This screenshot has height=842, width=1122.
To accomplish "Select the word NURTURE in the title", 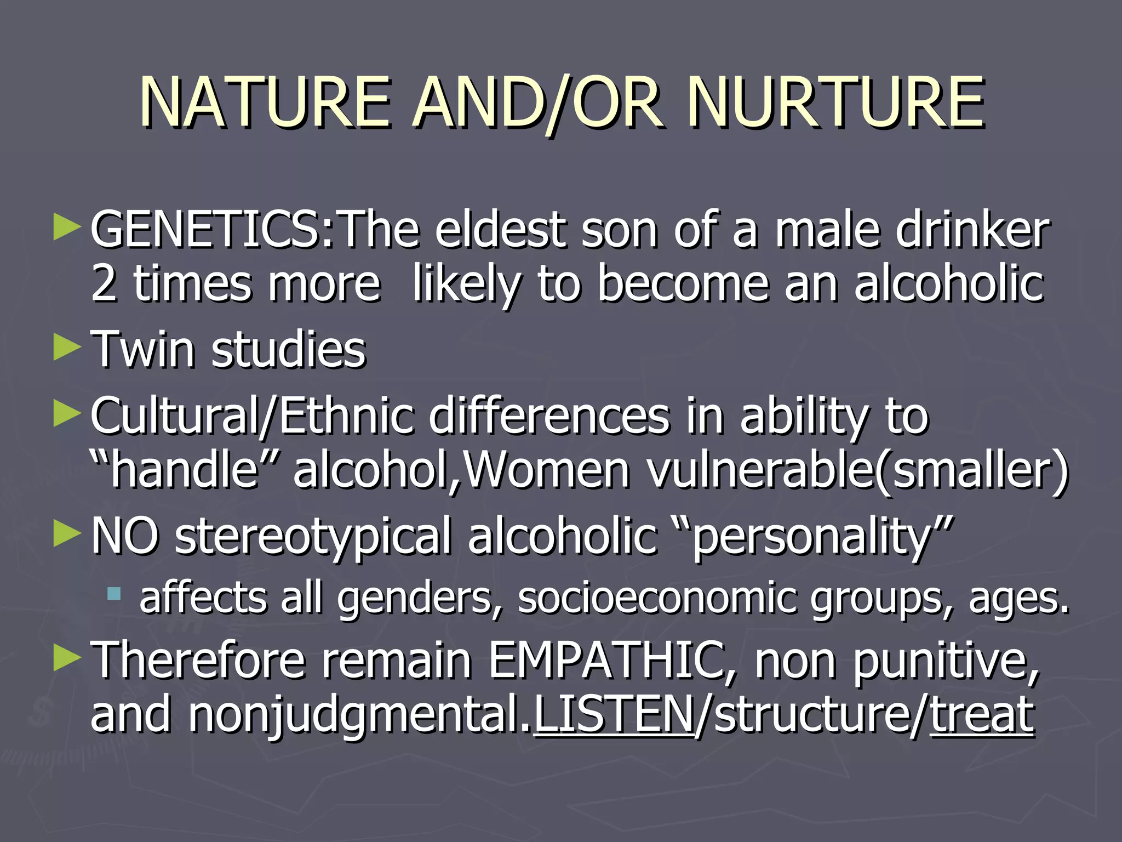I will (x=835, y=103).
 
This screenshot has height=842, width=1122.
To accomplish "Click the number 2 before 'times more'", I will (x=104, y=283).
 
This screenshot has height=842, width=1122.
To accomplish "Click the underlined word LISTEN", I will (x=614, y=715).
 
